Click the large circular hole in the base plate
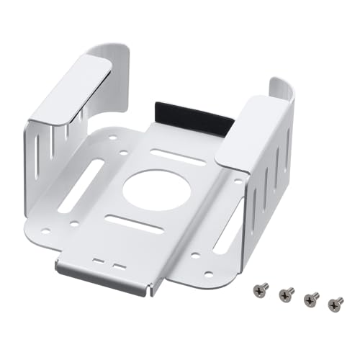coord(156,189)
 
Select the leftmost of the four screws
coord(261,289)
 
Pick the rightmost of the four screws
coord(336,304)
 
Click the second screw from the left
coord(287,294)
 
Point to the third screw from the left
coord(312,299)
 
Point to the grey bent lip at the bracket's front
coord(104,277)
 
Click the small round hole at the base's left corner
coord(46,232)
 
